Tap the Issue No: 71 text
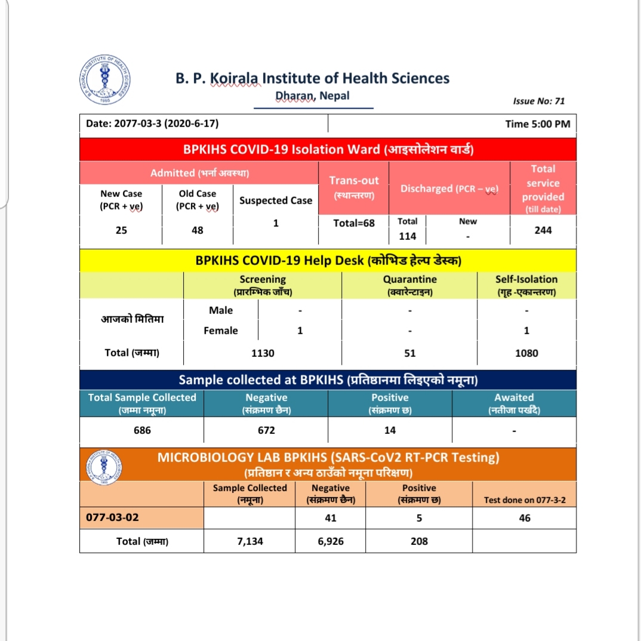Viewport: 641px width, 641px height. click(538, 101)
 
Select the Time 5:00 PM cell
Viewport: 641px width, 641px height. click(537, 124)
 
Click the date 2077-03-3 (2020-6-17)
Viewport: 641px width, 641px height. click(152, 124)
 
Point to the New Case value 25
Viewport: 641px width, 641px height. click(121, 230)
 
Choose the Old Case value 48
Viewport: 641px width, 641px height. click(198, 230)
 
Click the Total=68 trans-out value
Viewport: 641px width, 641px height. click(354, 223)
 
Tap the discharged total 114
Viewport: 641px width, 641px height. click(408, 236)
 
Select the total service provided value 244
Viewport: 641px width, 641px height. click(543, 230)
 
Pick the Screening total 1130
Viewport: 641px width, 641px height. click(263, 353)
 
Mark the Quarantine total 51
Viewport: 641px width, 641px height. click(409, 353)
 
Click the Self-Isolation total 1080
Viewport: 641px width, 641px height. click(526, 353)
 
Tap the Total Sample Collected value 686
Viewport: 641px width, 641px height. click(142, 430)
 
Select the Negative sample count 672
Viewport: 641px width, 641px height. click(266, 430)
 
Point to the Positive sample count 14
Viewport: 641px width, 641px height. click(390, 430)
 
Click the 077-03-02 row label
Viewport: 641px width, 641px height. click(113, 517)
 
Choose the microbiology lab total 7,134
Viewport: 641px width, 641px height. click(250, 541)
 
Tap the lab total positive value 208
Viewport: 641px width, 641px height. click(419, 541)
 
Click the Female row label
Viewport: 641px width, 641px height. click(221, 331)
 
